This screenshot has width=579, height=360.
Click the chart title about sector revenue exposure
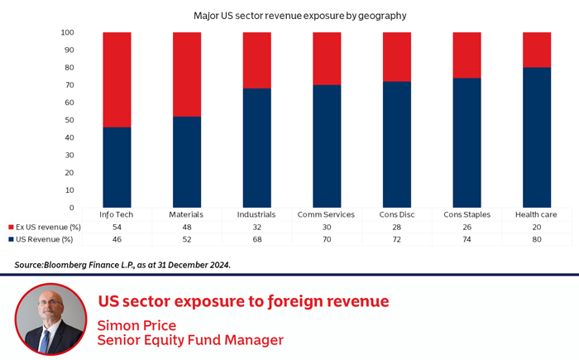289,16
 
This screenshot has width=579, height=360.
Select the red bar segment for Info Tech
117,79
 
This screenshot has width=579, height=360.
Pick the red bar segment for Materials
186,74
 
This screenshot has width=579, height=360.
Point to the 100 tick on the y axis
68,33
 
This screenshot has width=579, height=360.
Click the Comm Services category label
326,214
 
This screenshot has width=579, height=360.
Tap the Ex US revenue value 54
117,227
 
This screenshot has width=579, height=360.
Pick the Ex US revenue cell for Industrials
256,227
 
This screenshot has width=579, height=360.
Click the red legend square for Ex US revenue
10,227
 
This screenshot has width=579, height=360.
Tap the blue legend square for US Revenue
10,238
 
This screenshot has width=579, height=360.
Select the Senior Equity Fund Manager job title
190,339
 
